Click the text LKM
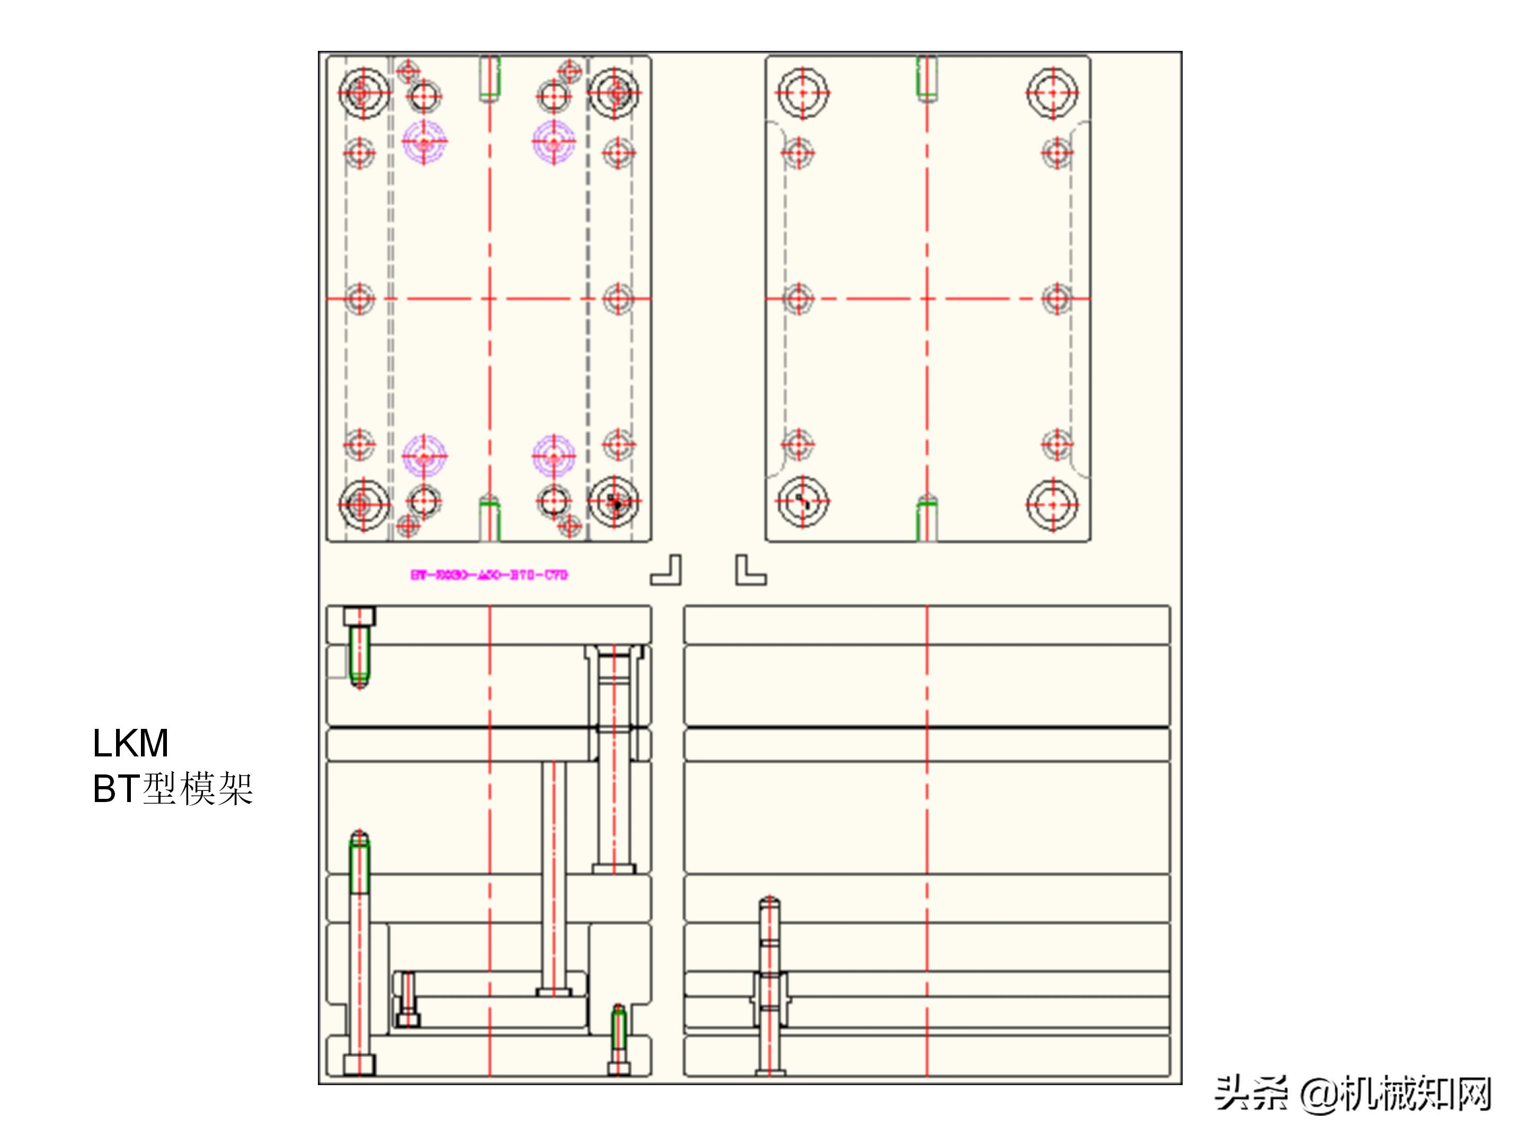coord(130,743)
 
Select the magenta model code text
coord(489,574)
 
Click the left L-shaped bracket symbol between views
coord(667,571)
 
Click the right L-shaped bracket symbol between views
coord(750,571)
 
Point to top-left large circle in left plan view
coord(363,92)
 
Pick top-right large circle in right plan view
coord(1052,92)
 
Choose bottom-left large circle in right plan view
coord(802,503)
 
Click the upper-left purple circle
coord(424,142)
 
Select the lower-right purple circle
coord(553,455)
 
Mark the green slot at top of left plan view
coord(490,77)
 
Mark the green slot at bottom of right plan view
coord(927,519)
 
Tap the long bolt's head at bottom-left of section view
coord(359,1065)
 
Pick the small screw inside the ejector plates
coord(407,999)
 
